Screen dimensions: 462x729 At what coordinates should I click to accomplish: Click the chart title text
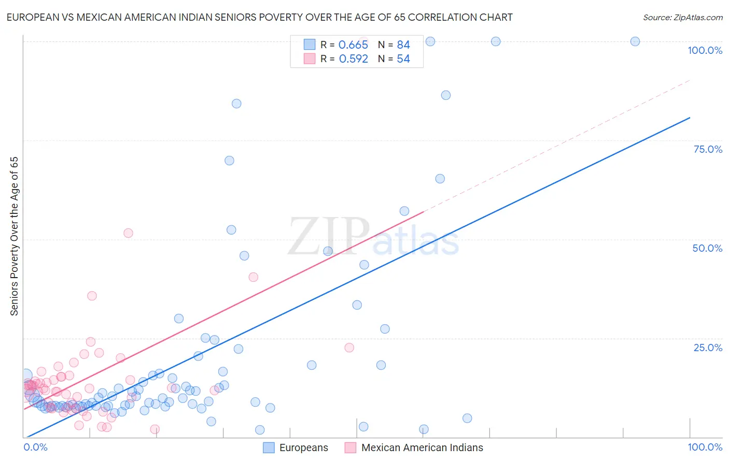[259, 17]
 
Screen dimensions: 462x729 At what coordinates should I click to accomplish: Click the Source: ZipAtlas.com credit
[682, 17]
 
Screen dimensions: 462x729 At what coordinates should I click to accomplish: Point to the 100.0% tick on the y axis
[705, 50]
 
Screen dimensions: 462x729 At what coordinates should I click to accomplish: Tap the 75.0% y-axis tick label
[708, 149]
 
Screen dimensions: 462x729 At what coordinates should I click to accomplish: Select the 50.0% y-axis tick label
[707, 248]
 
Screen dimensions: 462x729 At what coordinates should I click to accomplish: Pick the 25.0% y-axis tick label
[708, 347]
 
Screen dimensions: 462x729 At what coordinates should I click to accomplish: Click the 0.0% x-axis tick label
[35, 447]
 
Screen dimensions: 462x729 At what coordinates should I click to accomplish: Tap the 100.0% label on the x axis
[705, 447]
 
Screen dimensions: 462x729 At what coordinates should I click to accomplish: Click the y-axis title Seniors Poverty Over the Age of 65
[15, 236]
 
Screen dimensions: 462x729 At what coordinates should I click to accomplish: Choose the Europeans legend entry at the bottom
[296, 447]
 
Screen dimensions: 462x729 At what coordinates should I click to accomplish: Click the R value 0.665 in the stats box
[353, 45]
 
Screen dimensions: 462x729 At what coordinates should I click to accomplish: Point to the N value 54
[403, 59]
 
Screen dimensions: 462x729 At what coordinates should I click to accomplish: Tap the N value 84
[403, 45]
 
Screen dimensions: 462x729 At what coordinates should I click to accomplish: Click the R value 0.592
[353, 59]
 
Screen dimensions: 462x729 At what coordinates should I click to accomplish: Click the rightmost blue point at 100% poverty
[635, 41]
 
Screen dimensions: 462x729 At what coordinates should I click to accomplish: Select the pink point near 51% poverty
[128, 233]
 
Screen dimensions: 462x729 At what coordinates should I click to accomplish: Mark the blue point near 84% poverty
[236, 104]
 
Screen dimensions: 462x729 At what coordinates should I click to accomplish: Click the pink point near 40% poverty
[253, 277]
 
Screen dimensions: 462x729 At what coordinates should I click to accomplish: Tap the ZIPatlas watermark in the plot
[373, 237]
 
